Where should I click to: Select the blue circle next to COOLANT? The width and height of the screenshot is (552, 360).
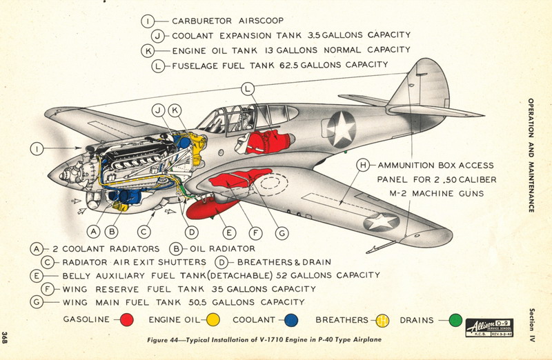290,320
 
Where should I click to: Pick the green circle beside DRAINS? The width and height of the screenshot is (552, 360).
454,320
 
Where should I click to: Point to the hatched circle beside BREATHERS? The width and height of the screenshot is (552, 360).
382,320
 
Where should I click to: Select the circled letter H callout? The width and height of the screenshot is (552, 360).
364,166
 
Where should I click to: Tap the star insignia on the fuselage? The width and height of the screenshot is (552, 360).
340,129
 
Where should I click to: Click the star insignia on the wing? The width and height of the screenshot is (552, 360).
382,221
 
